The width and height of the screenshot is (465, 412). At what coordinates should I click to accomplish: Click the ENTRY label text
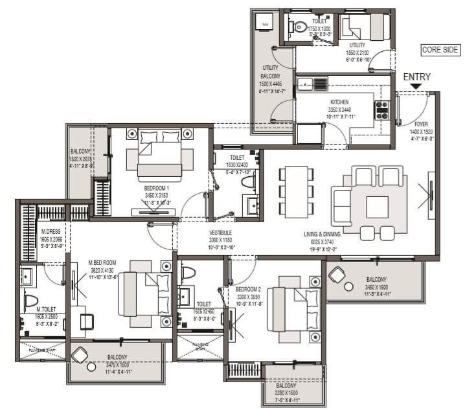(x=416, y=76)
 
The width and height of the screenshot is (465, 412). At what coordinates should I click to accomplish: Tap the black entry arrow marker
(x=416, y=86)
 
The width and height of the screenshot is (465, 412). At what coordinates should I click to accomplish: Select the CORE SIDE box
(x=440, y=50)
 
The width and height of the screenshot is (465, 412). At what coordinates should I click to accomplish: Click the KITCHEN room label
(x=339, y=102)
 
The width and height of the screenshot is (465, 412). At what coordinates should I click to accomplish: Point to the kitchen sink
(x=312, y=83)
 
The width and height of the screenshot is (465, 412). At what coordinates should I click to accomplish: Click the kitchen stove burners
(x=382, y=109)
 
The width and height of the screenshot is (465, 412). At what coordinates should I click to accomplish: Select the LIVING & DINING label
(x=328, y=234)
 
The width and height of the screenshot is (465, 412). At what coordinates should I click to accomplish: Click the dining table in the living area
(x=295, y=191)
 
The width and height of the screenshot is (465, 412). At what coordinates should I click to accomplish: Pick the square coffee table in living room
(x=377, y=207)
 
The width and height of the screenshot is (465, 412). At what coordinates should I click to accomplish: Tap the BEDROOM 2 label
(x=249, y=289)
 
